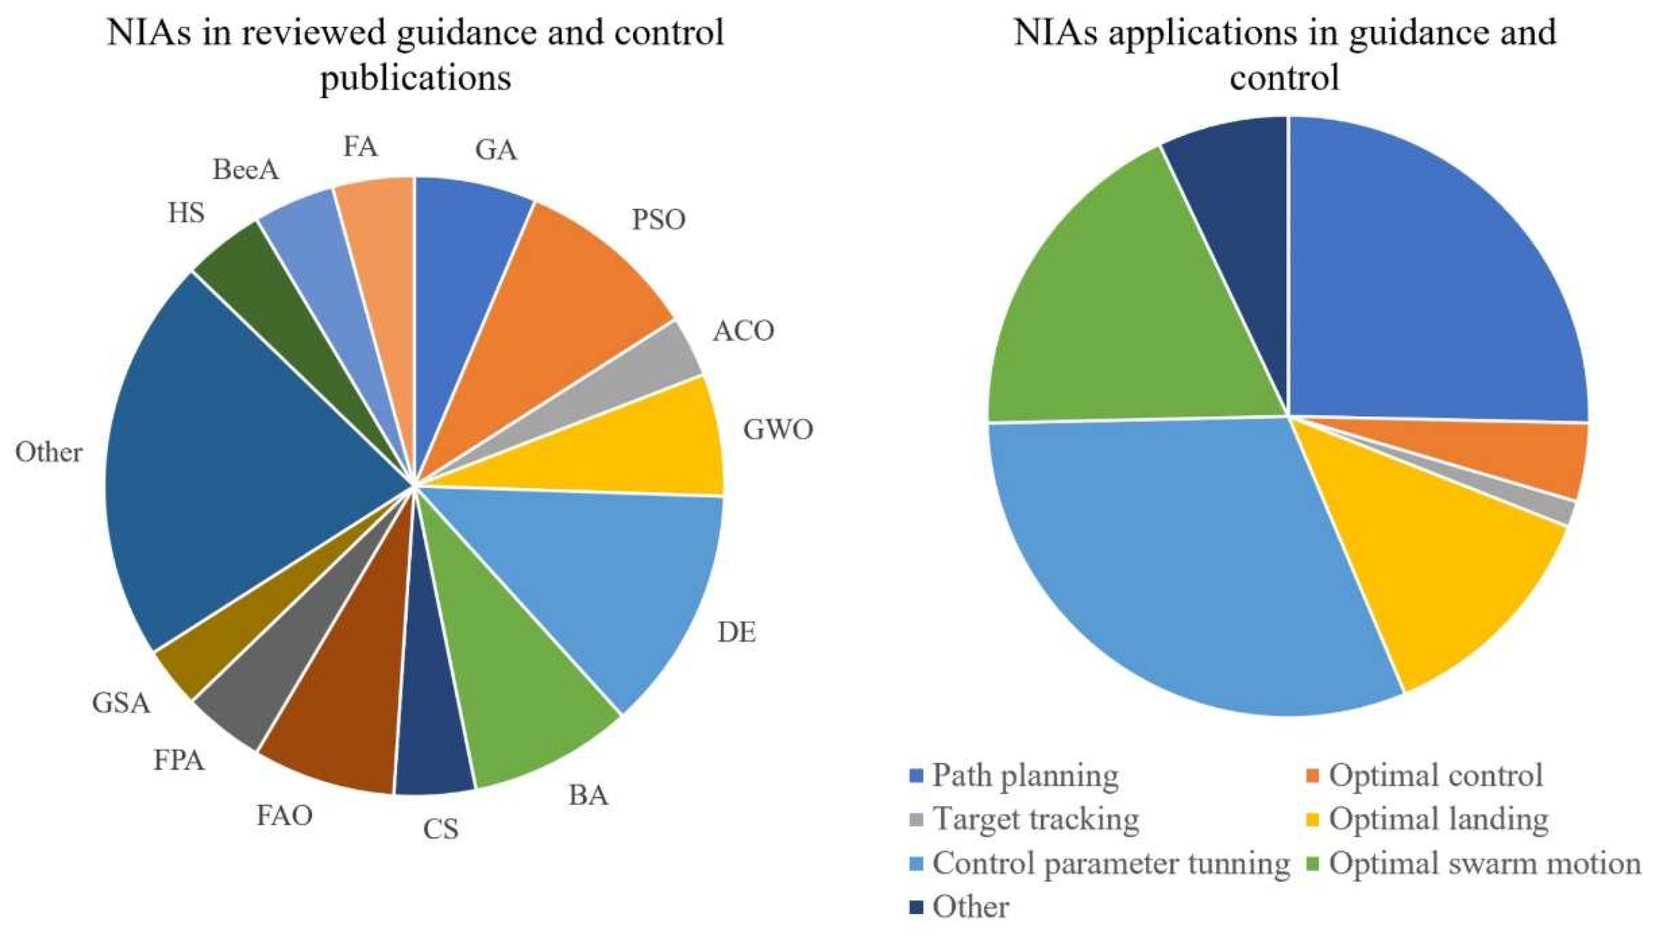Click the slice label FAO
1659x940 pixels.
pos(285,816)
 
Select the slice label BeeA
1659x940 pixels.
pos(247,171)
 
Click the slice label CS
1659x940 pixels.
pos(441,829)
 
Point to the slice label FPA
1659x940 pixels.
pos(179,761)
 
